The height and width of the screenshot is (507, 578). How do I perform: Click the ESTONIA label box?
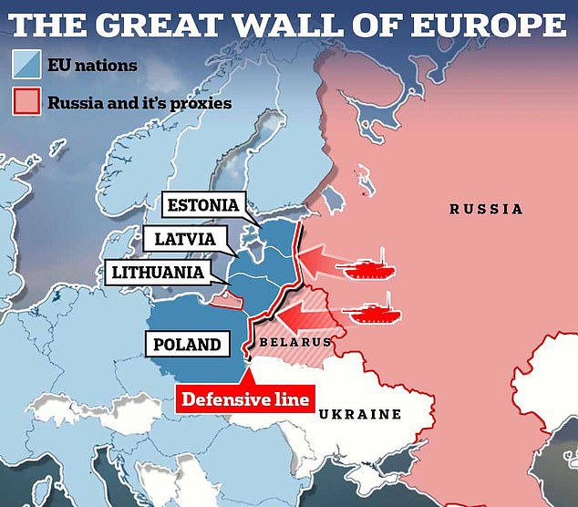[202, 205]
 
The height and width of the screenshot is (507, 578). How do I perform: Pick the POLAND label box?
[187, 345]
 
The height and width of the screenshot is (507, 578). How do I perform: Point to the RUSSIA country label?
[486, 210]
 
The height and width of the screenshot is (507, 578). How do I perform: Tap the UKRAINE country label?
[360, 414]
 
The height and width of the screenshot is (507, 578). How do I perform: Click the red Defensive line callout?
[245, 399]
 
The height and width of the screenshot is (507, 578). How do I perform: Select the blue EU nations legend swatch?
[26, 64]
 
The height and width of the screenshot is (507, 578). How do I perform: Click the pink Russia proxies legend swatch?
[26, 101]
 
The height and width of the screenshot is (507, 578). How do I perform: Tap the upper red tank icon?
[365, 267]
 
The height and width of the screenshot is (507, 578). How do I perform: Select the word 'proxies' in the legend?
[199, 102]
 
